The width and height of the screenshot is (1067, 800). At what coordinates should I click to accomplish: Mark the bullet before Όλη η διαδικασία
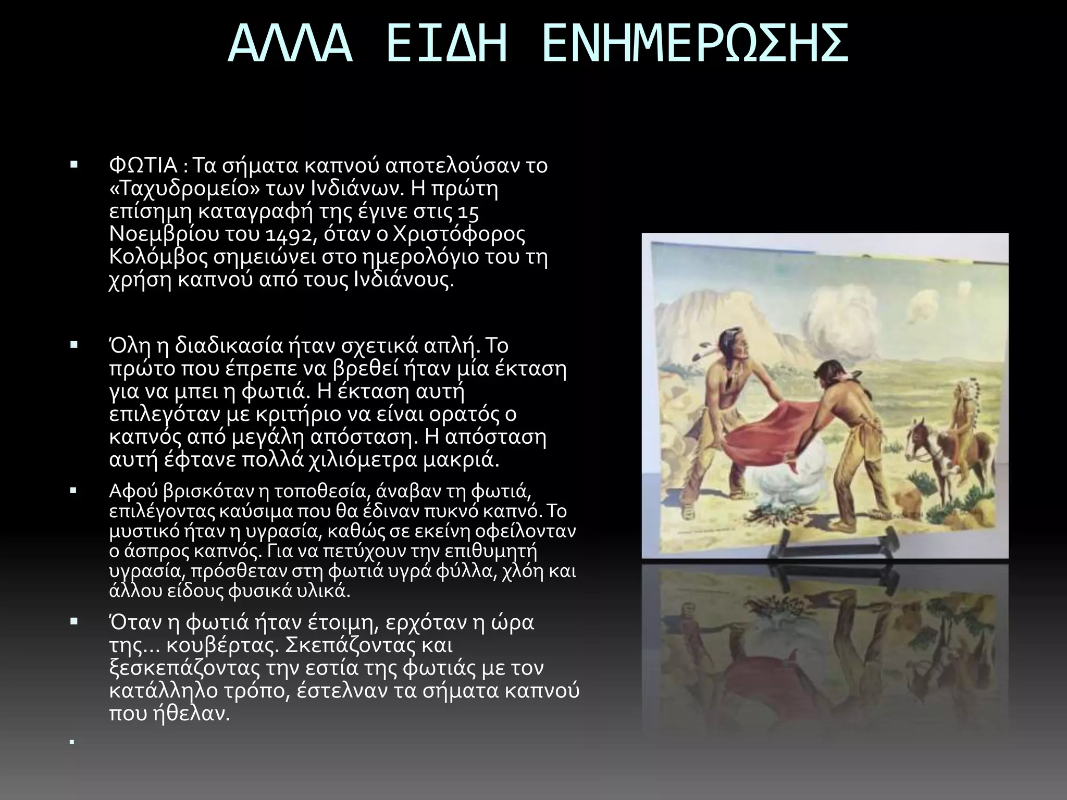click(x=73, y=345)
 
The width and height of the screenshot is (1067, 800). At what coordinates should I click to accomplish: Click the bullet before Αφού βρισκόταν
click(x=73, y=490)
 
